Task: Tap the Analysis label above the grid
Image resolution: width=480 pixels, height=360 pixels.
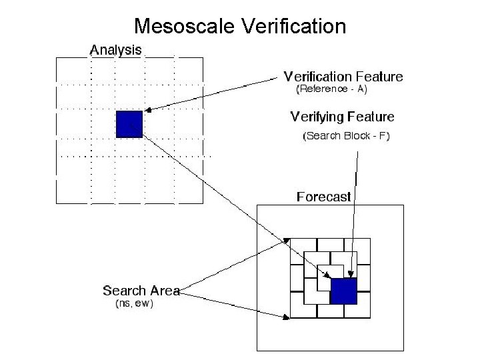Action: click(115, 49)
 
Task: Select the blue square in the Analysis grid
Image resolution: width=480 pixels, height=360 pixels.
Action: click(129, 124)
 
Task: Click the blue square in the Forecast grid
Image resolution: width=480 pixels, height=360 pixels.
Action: click(344, 291)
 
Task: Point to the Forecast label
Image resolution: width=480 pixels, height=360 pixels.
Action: click(323, 197)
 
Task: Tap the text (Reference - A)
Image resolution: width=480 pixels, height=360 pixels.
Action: click(331, 89)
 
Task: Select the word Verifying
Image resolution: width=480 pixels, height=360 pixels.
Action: click(316, 117)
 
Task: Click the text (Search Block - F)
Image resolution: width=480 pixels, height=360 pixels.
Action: click(347, 137)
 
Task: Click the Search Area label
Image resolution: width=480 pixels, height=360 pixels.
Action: click(141, 291)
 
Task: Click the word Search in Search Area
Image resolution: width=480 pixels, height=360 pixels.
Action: click(125, 291)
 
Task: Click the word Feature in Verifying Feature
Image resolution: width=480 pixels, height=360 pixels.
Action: click(370, 117)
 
